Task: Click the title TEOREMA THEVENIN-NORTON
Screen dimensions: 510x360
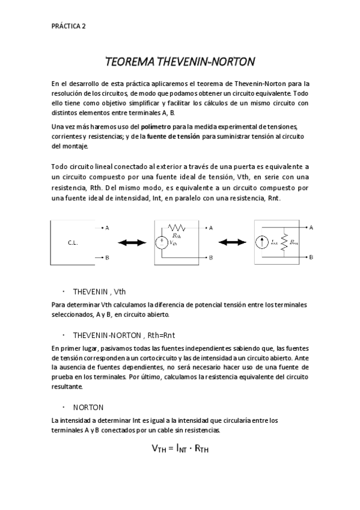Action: coord(180,62)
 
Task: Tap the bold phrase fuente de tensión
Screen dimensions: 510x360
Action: coord(175,136)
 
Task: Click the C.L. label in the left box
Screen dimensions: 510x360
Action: coord(73,242)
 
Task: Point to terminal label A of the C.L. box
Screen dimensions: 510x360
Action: coord(107,228)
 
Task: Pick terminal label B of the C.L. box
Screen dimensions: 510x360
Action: coord(107,257)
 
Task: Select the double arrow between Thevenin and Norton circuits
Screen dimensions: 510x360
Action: coord(231,242)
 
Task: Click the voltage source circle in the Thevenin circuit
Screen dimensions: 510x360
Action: coord(163,243)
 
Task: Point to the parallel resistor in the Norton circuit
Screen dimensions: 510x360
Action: coord(284,242)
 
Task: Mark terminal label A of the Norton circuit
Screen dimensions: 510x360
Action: coord(311,227)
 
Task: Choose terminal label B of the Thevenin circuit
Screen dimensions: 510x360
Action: coord(211,257)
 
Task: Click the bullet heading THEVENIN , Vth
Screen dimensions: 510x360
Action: coord(99,290)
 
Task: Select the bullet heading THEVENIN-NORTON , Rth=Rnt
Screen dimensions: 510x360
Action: coord(123,335)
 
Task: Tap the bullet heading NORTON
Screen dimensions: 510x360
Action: coord(88,407)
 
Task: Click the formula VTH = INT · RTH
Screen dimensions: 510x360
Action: coord(180,448)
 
